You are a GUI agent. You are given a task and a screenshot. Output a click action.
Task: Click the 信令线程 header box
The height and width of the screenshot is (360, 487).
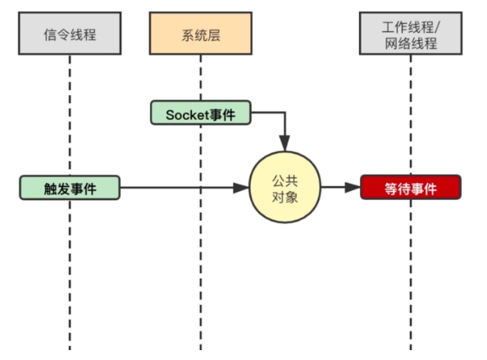70,34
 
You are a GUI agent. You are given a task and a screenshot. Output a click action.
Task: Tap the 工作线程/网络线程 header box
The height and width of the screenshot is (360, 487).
410,34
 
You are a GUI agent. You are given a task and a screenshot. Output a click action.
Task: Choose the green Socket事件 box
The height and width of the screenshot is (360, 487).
200,113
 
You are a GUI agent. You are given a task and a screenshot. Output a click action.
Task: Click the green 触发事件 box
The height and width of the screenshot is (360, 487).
70,189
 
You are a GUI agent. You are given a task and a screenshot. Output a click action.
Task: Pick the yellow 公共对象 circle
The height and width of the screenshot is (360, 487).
284,188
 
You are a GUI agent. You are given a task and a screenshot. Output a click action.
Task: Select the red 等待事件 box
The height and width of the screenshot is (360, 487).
411,189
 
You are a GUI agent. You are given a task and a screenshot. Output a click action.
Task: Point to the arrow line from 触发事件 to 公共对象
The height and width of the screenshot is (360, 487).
180,189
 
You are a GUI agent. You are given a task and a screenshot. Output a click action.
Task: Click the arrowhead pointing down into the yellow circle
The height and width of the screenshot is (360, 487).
284,145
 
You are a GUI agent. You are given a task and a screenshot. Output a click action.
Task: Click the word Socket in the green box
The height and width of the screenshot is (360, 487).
184,114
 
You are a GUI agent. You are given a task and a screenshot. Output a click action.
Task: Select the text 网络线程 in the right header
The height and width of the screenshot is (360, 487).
410,43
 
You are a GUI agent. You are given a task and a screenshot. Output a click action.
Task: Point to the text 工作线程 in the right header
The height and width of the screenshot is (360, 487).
407,25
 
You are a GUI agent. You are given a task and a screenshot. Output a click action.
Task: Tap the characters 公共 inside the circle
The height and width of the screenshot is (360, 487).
284,178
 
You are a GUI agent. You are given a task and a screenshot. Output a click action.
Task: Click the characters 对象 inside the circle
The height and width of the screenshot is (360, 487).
284,198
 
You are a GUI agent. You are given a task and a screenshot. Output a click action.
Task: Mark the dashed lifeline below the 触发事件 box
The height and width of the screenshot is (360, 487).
70,271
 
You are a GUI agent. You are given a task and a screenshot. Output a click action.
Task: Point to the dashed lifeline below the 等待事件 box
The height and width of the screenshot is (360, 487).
411,271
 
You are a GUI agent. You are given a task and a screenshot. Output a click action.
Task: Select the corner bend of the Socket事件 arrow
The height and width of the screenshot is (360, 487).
284,114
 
